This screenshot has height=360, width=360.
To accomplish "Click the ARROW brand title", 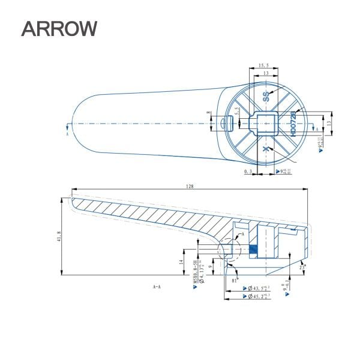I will click(x=59, y=28).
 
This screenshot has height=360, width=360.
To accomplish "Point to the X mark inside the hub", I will click(x=265, y=149).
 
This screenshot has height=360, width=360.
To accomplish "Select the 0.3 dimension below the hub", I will click(x=247, y=172).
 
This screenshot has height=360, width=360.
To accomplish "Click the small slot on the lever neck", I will click(x=226, y=123).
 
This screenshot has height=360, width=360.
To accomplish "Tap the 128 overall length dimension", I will click(x=190, y=187).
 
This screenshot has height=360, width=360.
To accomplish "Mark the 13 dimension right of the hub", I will click(x=329, y=122).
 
